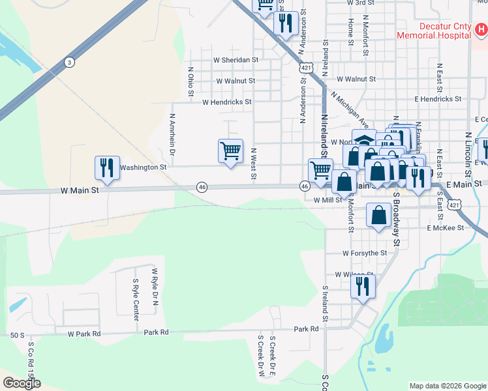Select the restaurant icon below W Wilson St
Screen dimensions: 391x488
pyautogui.click(x=363, y=285)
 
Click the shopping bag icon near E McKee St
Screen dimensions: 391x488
pyautogui.click(x=378, y=214)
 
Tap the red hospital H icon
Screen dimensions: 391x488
pyautogui.click(x=481, y=29)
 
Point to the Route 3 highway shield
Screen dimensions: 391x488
pyautogui.click(x=69, y=62)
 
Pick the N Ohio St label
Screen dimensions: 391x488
pyautogui.click(x=191, y=81)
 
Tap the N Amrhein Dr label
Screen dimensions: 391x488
pyautogui.click(x=172, y=134)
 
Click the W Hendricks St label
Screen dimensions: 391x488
pyautogui.click(x=226, y=102)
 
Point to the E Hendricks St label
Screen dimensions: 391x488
pyautogui.click(x=438, y=99)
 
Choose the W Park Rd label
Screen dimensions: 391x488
pyautogui.click(x=84, y=334)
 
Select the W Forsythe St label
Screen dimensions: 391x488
pyautogui.click(x=365, y=253)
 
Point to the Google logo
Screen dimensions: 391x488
pyautogui.click(x=22, y=383)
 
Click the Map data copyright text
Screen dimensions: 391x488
pyautogui.click(x=447, y=386)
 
